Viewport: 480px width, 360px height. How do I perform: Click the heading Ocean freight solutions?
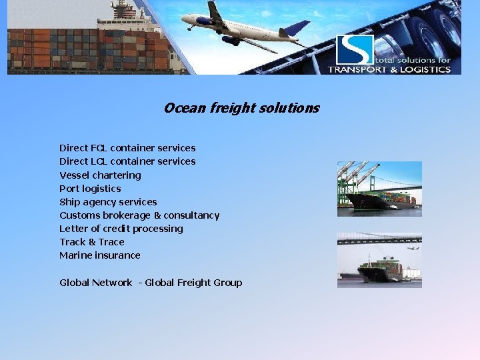click(241, 108)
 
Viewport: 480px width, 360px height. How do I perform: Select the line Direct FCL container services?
click(127, 148)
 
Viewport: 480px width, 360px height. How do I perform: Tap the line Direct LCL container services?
click(127, 161)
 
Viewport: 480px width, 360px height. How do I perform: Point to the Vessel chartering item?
click(100, 175)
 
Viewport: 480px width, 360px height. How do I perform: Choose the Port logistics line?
click(90, 189)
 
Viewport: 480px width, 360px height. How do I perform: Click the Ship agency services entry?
click(108, 202)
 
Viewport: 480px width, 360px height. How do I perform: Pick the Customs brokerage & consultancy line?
click(139, 215)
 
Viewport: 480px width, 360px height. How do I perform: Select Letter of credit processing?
click(121, 229)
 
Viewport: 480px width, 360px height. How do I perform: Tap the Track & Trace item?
click(91, 242)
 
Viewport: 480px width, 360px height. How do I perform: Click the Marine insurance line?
click(99, 255)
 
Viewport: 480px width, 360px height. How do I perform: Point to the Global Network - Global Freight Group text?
click(151, 283)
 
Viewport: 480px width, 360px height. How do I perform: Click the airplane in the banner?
click(240, 27)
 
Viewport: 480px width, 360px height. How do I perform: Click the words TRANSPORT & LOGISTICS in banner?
click(389, 69)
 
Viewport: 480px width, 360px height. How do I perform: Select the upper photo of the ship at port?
click(379, 189)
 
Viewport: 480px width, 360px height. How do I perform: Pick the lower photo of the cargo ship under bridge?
click(379, 260)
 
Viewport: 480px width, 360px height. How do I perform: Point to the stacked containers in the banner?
click(87, 50)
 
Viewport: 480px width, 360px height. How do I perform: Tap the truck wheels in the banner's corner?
click(433, 27)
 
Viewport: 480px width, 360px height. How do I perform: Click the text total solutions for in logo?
click(413, 60)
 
